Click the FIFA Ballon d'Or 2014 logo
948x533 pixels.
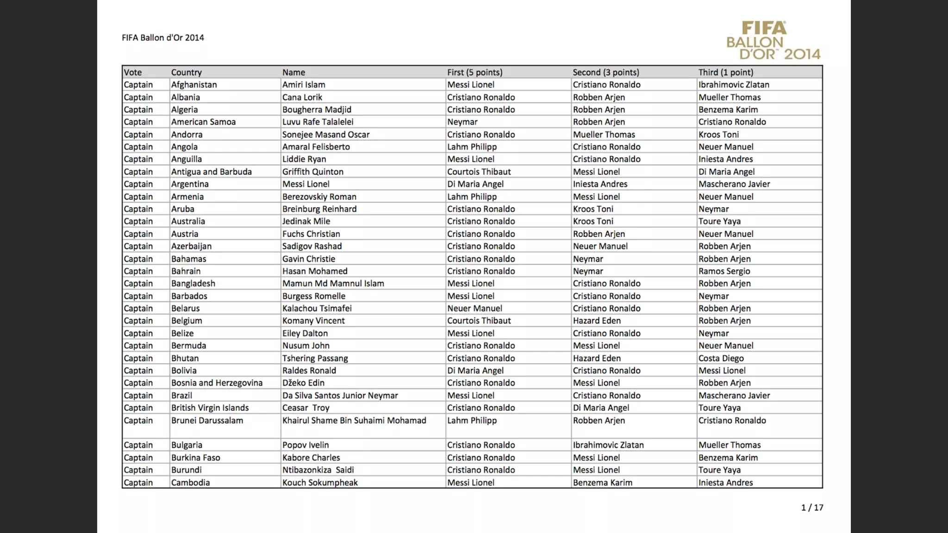pos(773,41)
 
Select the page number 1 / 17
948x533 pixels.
pos(812,508)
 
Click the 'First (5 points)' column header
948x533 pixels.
pos(474,72)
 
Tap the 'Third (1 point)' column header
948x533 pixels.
pos(725,72)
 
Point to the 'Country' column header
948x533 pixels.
pos(186,72)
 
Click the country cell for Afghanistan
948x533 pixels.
pos(193,85)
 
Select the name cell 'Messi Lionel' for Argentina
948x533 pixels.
pos(306,184)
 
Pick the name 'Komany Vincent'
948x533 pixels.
pos(313,321)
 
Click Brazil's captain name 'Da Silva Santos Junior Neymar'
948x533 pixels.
pos(340,396)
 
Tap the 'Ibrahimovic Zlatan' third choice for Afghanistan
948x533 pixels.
pos(734,85)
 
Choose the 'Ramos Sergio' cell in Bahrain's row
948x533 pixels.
pos(724,271)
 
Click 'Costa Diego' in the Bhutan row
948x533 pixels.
pos(721,358)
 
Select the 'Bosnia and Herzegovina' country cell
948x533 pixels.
pos(217,383)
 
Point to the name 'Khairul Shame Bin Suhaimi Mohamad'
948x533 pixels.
pos(354,421)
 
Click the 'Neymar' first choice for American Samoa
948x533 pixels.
pos(462,122)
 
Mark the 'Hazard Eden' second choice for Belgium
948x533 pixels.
pos(597,321)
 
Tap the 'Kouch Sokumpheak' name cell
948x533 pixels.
pos(320,483)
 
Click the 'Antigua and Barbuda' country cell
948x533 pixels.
pos(211,172)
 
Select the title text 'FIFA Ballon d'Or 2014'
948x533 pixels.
pos(162,38)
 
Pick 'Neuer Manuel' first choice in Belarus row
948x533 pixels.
pos(474,309)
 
